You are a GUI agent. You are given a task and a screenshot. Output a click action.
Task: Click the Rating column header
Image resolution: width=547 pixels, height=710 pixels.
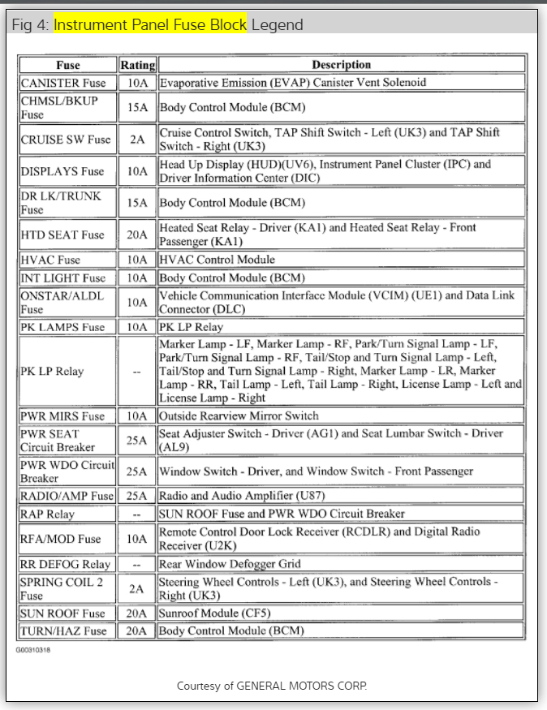tap(137, 65)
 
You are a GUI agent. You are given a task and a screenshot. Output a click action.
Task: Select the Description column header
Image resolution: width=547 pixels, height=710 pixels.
tap(341, 65)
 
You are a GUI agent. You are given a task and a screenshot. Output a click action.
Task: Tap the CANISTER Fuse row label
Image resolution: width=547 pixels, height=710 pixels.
tap(63, 83)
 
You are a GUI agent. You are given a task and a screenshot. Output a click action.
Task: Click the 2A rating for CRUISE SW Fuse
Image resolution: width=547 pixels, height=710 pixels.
tap(137, 140)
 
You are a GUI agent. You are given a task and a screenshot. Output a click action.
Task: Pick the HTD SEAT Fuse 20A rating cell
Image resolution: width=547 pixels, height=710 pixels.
tap(137, 235)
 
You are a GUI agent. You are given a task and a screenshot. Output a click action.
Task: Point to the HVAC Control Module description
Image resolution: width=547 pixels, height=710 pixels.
tap(218, 260)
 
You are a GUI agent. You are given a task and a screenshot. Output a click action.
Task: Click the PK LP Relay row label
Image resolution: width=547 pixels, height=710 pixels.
tap(53, 372)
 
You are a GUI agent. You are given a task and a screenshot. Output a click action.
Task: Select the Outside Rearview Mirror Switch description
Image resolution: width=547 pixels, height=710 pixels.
tap(239, 416)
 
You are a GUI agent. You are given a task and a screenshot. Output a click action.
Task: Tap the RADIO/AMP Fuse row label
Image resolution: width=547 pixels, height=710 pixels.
tap(67, 496)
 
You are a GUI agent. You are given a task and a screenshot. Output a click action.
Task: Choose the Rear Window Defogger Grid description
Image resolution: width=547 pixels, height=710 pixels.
tap(230, 564)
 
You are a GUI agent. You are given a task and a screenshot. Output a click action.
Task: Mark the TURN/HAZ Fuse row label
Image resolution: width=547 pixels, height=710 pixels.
tap(63, 630)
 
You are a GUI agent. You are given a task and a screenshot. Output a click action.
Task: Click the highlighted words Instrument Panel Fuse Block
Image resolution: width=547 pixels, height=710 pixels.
tap(150, 24)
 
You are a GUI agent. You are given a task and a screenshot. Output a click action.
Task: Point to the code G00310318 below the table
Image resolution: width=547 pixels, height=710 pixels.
tap(33, 650)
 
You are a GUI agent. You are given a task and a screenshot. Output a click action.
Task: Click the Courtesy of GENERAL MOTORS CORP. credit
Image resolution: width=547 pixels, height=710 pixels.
tap(273, 686)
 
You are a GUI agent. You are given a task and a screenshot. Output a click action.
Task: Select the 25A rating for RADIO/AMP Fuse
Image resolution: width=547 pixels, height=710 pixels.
tap(137, 496)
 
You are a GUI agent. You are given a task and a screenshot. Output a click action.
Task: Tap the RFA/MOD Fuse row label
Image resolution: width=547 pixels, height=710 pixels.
tap(61, 539)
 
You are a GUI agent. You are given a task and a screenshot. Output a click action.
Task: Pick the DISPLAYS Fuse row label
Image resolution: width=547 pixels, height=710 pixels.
tap(62, 171)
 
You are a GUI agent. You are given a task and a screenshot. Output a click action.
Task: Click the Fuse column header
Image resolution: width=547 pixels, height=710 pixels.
tap(68, 65)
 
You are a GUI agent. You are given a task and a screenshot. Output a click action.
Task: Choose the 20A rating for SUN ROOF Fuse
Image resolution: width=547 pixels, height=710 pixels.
tap(137, 613)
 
